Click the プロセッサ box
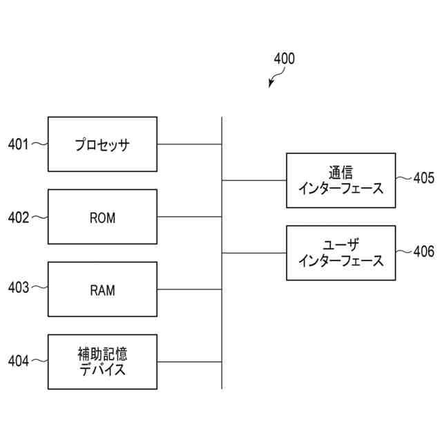102,144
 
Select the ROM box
102,217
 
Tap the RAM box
102,289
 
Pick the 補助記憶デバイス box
102,362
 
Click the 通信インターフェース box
341,180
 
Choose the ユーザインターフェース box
341,253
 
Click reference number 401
18,144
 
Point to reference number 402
18,217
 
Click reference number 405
424,178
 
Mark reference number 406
424,251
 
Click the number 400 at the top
284,59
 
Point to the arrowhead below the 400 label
271,86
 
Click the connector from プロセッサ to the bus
189,144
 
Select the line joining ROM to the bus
189,217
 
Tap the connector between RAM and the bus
189,289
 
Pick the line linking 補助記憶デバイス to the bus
189,362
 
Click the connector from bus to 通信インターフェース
254,180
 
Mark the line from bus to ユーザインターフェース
254,253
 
